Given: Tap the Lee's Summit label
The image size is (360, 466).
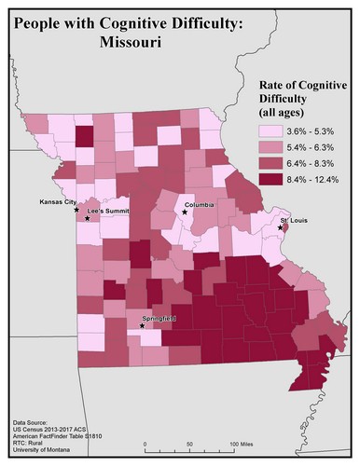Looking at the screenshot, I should pos(104,212).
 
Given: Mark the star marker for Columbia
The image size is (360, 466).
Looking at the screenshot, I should pos(184,212).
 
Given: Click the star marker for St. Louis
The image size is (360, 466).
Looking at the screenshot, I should pos(280,227).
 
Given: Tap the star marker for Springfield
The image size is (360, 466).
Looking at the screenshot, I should pos(142,326).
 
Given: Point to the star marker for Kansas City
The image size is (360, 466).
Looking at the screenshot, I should pos(76,210).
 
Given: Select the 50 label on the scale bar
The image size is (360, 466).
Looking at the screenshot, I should pos(190,445).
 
